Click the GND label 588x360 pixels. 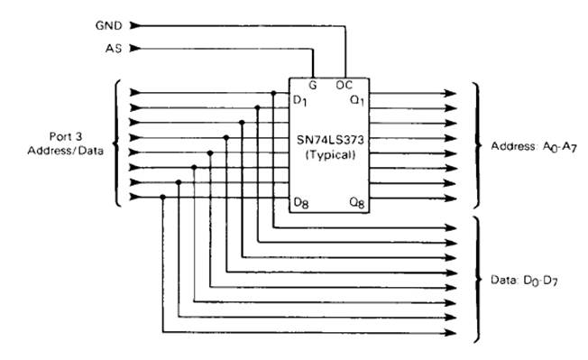(x=109, y=25)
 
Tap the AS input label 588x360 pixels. (x=114, y=49)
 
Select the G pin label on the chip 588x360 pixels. (x=313, y=86)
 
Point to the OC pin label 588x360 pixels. (x=344, y=85)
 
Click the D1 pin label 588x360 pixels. (x=299, y=100)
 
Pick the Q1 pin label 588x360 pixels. (x=356, y=100)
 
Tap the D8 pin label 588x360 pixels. (x=300, y=203)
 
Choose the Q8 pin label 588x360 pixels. (x=356, y=203)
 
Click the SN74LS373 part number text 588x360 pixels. (x=330, y=140)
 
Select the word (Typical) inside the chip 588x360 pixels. (x=330, y=154)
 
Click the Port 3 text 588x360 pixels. (x=66, y=136)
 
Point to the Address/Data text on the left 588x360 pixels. (x=65, y=151)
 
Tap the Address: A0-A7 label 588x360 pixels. (x=534, y=147)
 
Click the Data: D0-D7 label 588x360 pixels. (x=524, y=281)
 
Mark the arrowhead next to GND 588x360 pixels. (x=135, y=25)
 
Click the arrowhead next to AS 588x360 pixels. (x=135, y=49)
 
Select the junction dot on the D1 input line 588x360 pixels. (x=273, y=93)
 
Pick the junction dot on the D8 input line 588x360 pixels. (x=162, y=198)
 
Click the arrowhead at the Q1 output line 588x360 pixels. (x=450, y=93)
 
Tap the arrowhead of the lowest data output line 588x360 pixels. (x=450, y=333)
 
